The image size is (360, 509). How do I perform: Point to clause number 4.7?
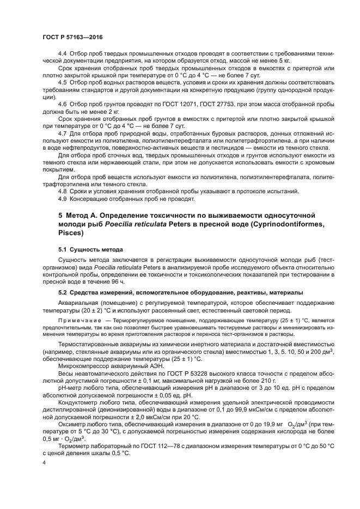[x=63, y=133]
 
